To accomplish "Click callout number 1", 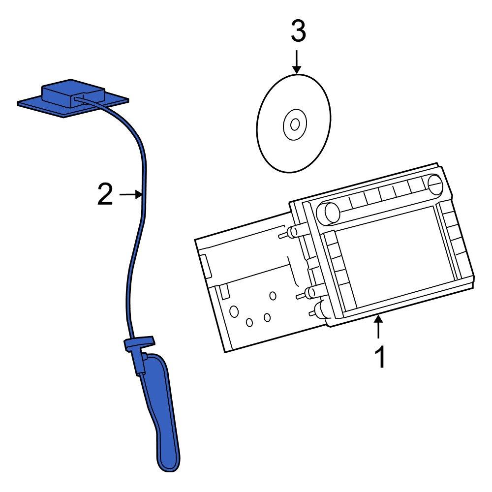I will pos(379,358).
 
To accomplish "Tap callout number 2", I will pos(105,195).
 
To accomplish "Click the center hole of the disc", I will pos(295,124).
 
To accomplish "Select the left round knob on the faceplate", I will pos(329,213).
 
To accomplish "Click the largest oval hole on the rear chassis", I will pos(234,311).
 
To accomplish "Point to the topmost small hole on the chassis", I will pos(273,296).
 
